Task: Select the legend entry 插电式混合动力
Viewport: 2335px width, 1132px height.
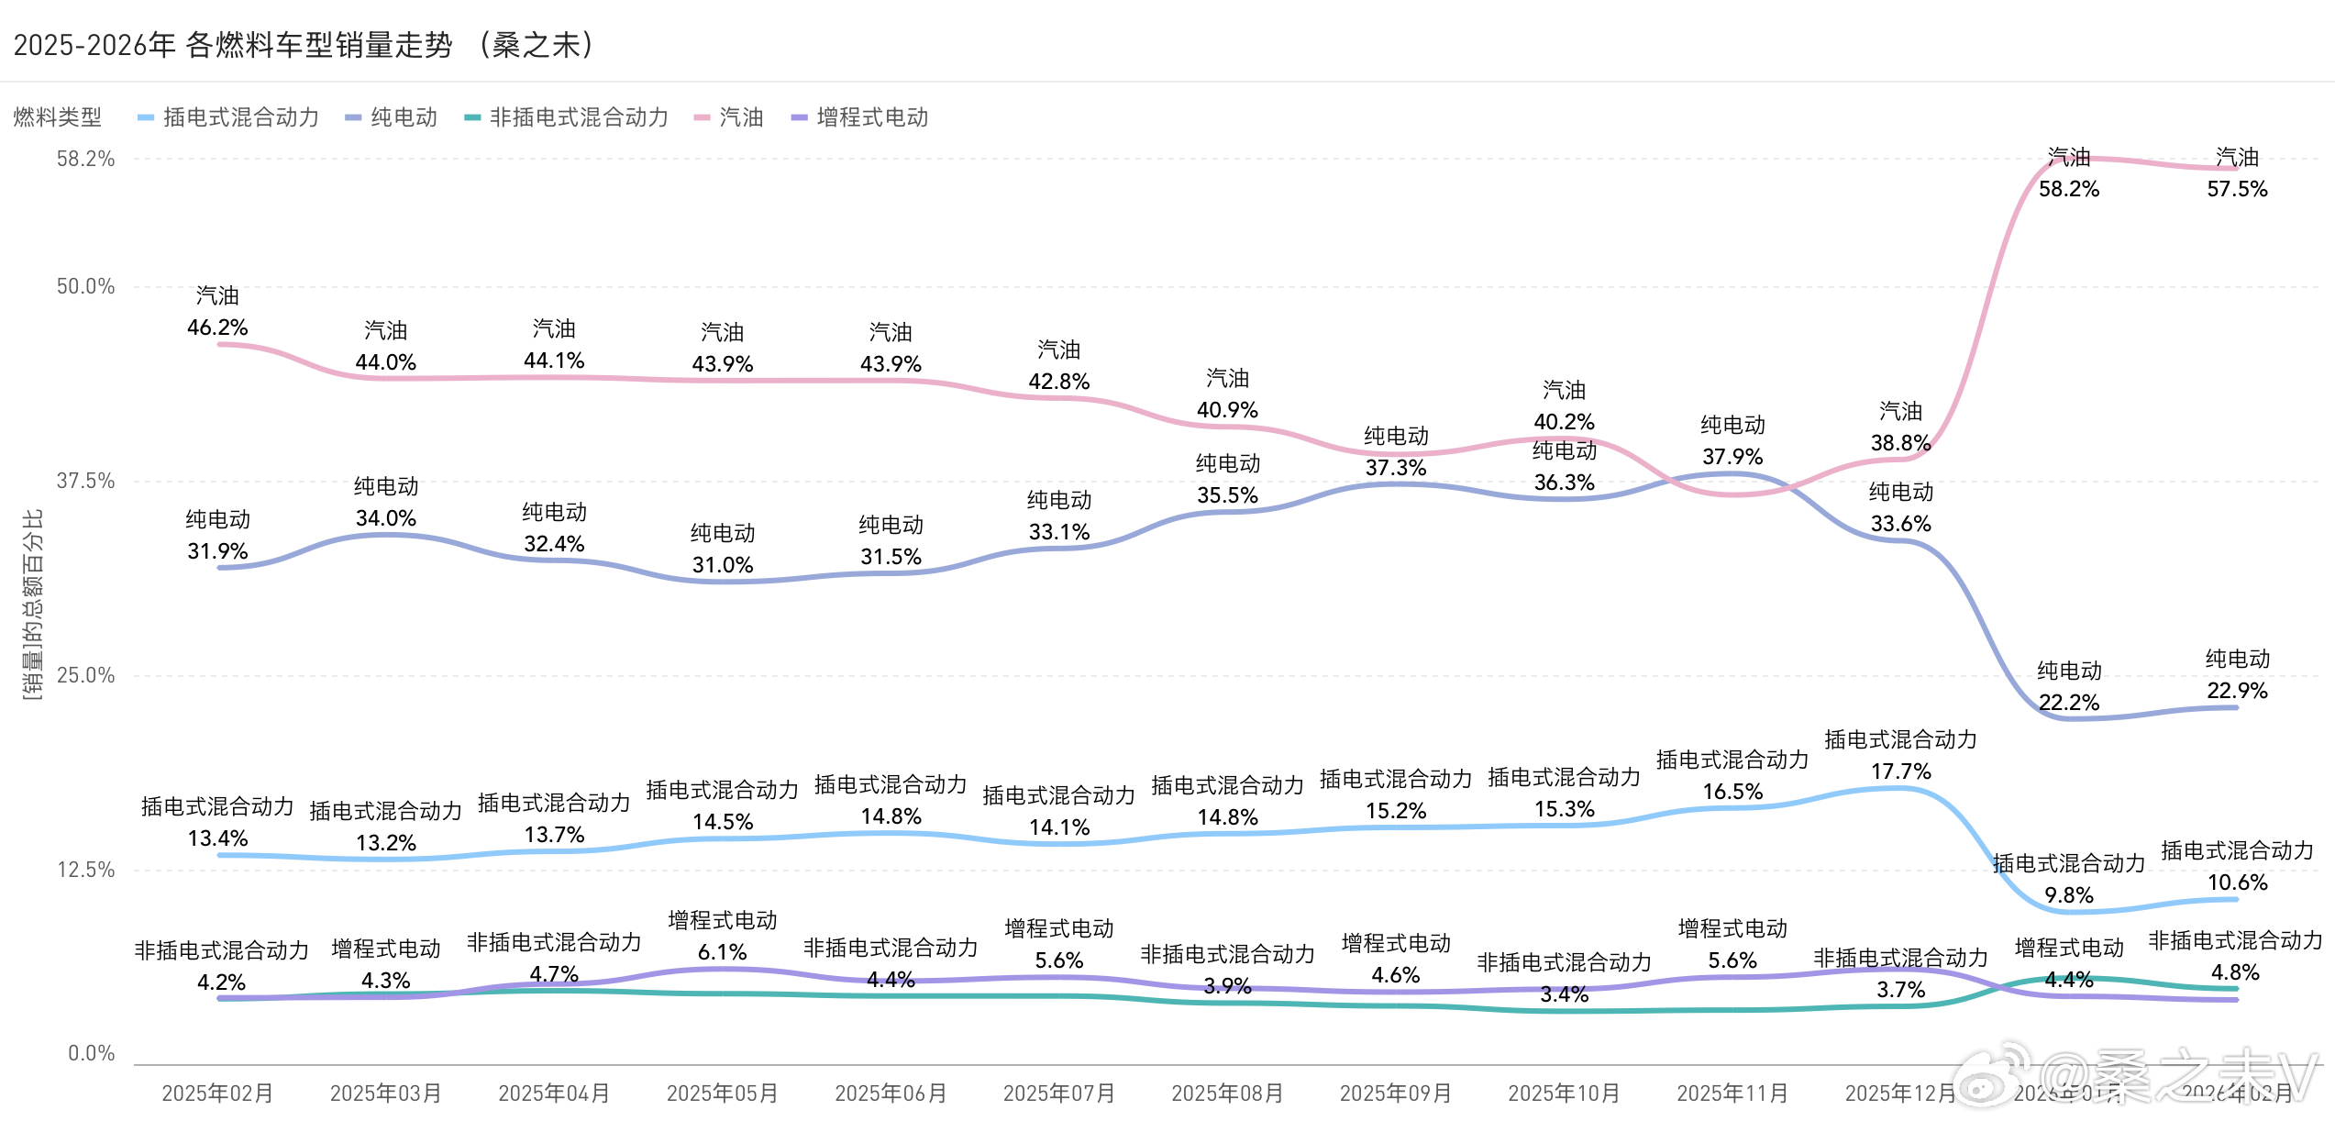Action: click(x=240, y=117)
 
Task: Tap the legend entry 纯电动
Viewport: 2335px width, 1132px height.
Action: click(x=404, y=117)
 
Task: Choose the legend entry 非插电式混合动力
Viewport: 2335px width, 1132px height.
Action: click(x=578, y=117)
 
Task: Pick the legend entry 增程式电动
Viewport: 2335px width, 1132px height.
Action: click(x=871, y=117)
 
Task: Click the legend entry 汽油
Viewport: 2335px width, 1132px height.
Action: click(x=741, y=117)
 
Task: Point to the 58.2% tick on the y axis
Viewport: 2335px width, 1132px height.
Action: click(x=85, y=159)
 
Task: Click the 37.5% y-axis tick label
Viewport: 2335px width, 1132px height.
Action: click(x=85, y=481)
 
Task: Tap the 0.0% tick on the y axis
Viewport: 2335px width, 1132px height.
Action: click(x=91, y=1053)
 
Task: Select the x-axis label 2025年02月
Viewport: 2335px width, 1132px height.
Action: click(x=217, y=1093)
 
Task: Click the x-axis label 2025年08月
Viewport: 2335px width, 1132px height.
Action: click(x=1227, y=1093)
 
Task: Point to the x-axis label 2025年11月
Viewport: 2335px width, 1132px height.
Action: click(x=1732, y=1093)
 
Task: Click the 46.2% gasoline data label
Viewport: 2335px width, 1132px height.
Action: click(x=217, y=327)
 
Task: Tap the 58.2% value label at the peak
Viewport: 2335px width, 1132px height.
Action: click(x=2069, y=189)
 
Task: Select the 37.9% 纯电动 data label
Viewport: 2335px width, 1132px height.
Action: click(x=1732, y=457)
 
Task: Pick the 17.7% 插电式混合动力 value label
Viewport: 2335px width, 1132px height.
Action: click(x=1901, y=771)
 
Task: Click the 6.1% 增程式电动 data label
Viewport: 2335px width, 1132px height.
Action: click(x=723, y=952)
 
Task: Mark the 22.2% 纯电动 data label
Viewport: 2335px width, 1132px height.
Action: click(x=2069, y=703)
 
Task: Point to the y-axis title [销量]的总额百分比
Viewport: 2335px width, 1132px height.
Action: click(x=33, y=605)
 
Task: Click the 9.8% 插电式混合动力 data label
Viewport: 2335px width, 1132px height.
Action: click(x=2069, y=895)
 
